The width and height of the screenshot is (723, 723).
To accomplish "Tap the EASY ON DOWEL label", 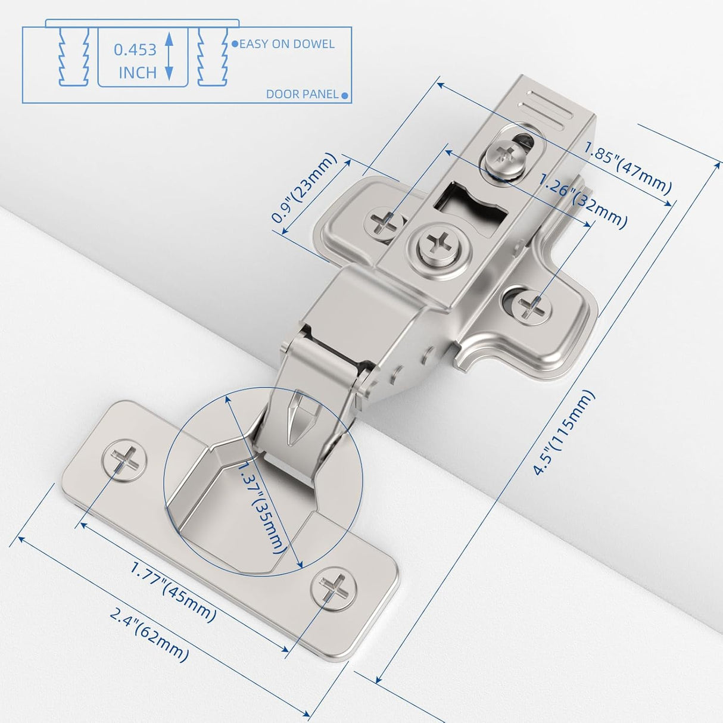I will tap(286, 44).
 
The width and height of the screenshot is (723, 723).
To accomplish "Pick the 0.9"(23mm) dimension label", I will tap(304, 188).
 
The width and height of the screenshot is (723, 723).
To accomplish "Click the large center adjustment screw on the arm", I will tap(441, 244).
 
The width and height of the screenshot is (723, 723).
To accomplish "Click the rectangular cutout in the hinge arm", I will tap(470, 205).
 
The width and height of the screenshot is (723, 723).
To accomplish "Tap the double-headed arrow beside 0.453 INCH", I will tap(169, 57).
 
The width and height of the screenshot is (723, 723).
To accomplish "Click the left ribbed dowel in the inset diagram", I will tap(74, 57).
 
